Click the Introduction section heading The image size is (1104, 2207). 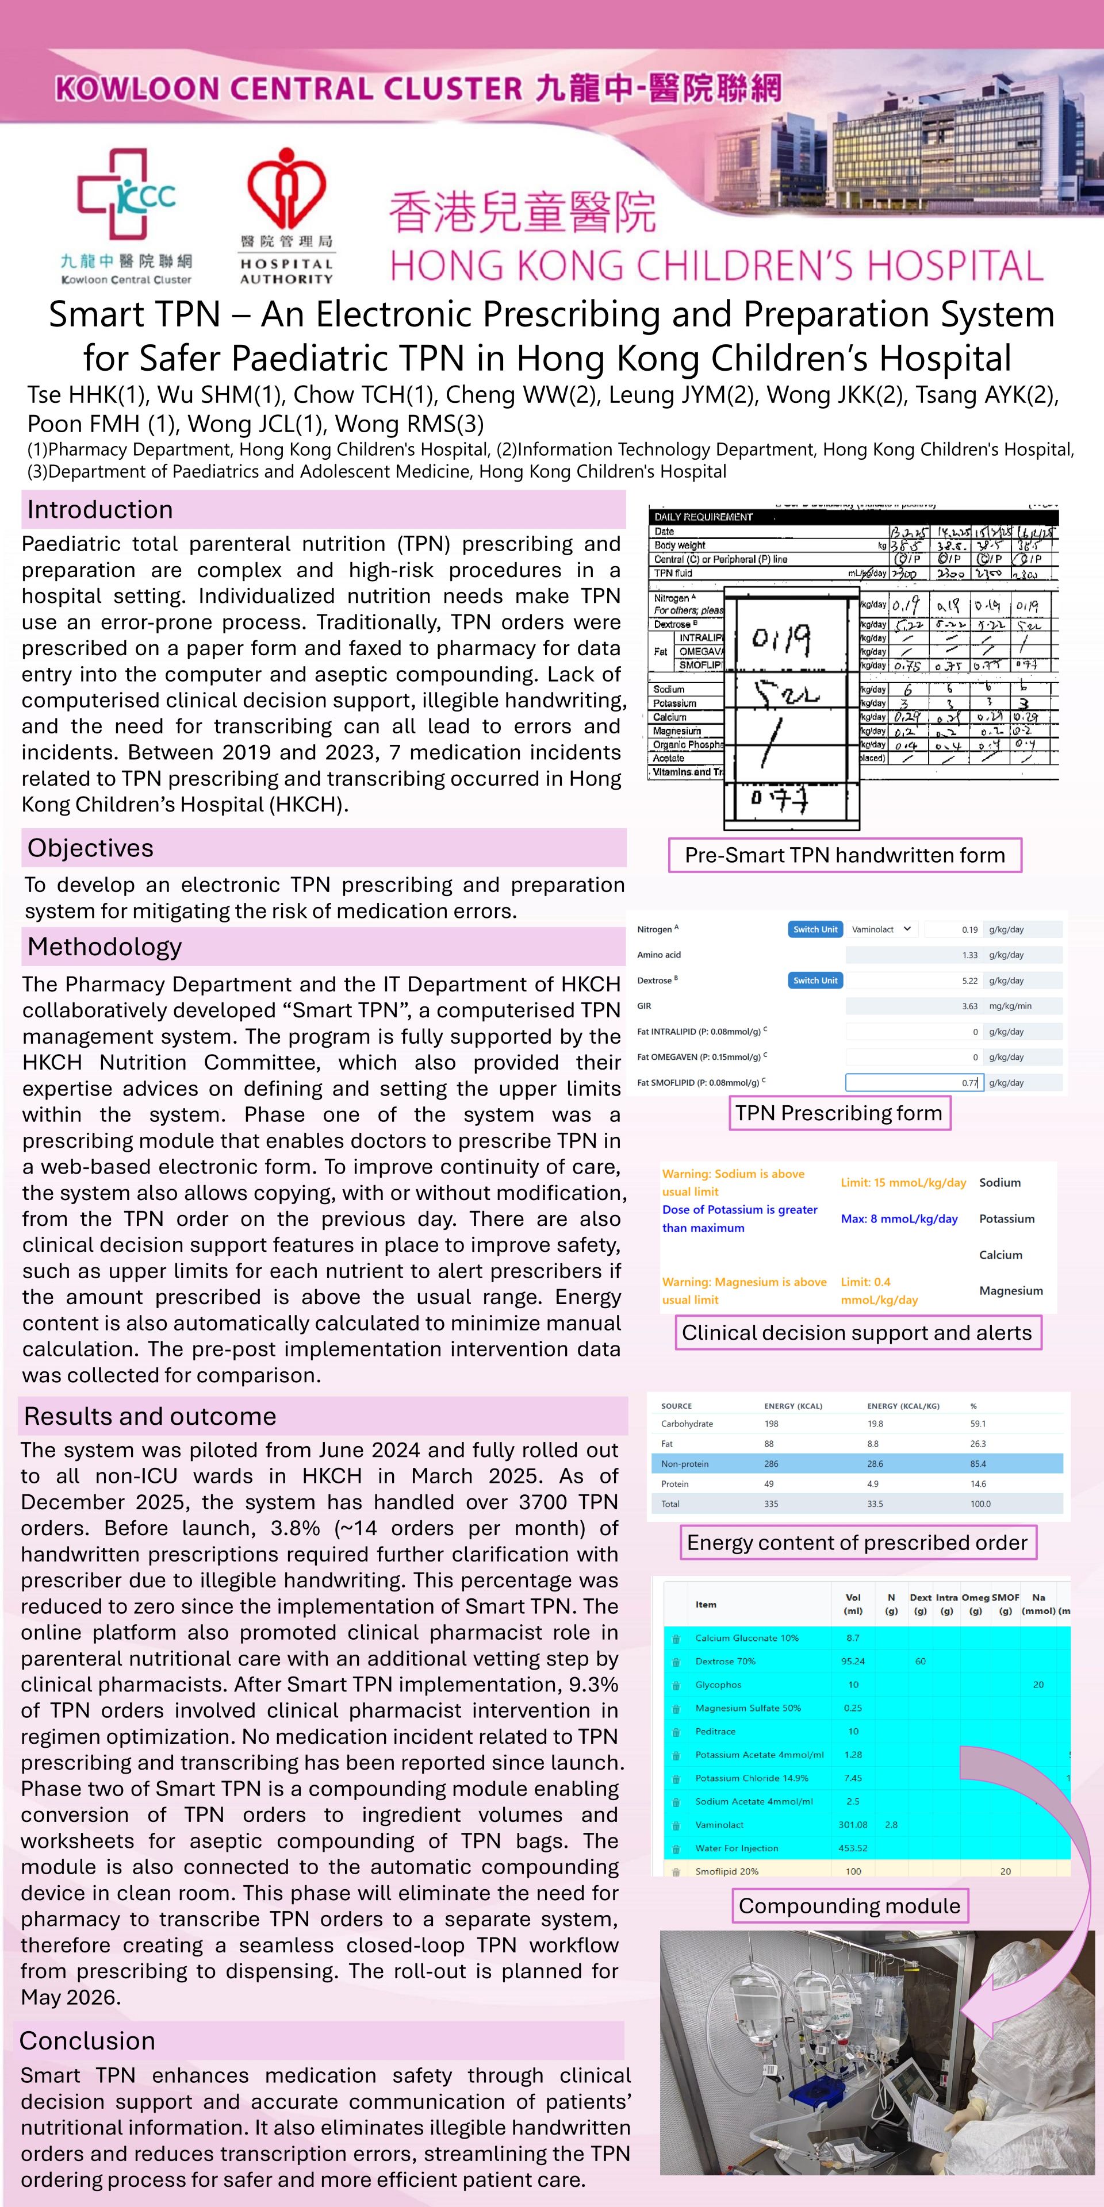(100, 510)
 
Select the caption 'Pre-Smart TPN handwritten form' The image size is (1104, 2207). (844, 855)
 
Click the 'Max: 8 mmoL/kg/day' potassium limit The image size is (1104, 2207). (899, 1218)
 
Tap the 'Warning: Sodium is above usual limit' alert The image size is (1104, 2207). (734, 1182)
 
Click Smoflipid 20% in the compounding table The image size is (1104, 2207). (727, 1871)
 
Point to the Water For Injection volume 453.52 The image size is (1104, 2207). (853, 1848)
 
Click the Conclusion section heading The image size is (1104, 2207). (87, 2041)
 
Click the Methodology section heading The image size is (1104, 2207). (105, 947)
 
